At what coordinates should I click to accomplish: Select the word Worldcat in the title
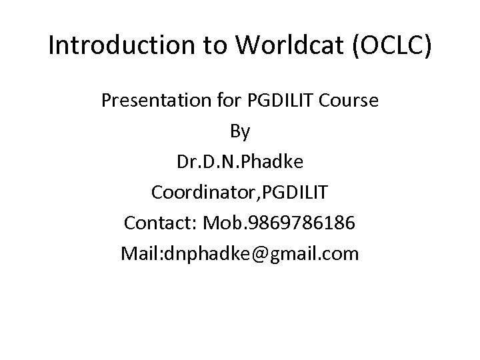(278, 46)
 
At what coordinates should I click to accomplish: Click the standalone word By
(240, 132)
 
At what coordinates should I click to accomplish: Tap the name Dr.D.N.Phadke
(240, 162)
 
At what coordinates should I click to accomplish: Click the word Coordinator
(203, 193)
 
